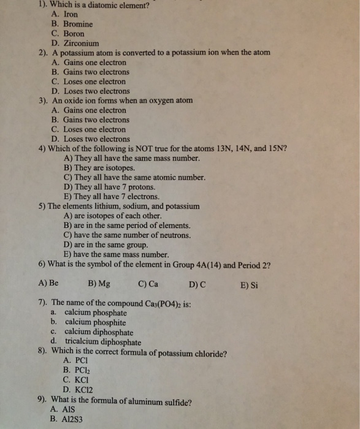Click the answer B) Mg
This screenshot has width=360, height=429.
tap(99, 284)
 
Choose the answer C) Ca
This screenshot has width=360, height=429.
tap(148, 284)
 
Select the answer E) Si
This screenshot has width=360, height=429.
tap(250, 284)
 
